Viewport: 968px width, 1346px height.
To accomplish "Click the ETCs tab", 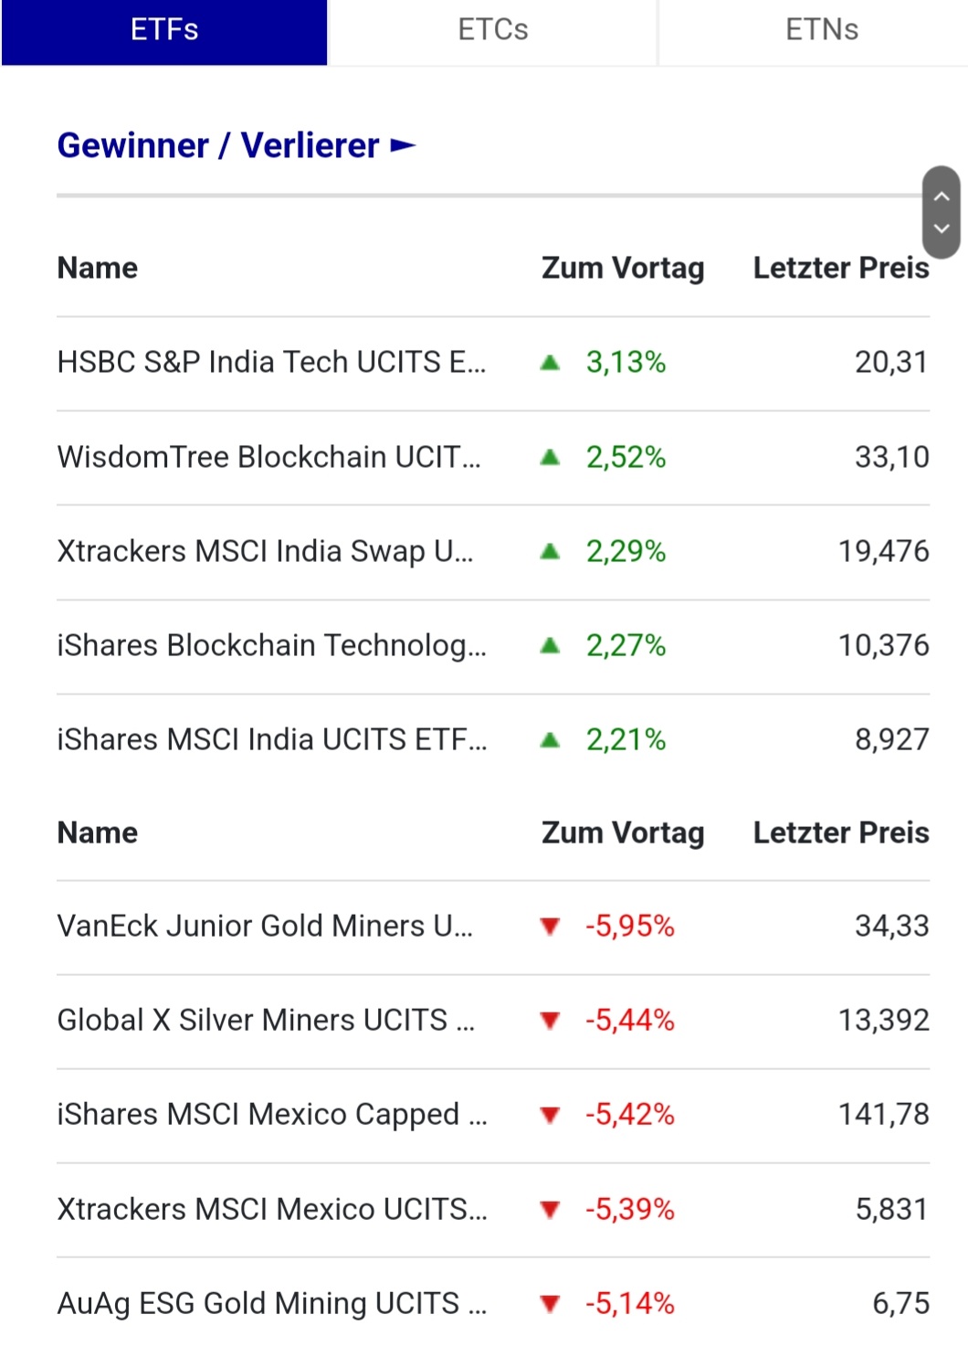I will (492, 30).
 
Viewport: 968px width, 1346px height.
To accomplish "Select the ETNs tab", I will (821, 30).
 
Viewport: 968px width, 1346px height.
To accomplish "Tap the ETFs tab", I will (164, 30).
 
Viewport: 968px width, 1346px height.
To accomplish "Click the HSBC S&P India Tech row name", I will (271, 363).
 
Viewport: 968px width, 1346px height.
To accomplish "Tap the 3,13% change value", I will (626, 363).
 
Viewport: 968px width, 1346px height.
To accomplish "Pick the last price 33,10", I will (891, 457).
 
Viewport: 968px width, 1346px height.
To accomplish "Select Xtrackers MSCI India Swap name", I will (265, 552).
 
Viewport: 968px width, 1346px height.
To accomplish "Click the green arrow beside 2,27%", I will (550, 646).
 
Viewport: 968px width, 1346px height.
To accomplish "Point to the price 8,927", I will (891, 740).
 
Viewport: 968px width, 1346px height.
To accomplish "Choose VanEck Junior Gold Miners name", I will (265, 927).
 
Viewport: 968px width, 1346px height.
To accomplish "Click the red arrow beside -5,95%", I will (550, 927).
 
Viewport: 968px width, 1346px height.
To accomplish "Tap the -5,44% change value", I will (629, 1021).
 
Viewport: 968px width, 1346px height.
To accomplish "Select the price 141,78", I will (883, 1115).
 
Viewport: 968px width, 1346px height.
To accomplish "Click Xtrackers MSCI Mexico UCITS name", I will (271, 1210).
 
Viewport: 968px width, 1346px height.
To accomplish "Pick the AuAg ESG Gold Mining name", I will (271, 1304).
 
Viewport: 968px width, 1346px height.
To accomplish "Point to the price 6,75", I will (900, 1304).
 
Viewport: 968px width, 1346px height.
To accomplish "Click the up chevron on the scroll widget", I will (942, 196).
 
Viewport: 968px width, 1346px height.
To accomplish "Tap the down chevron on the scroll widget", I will (942, 228).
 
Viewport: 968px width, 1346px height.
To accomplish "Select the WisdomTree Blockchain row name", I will (268, 457).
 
